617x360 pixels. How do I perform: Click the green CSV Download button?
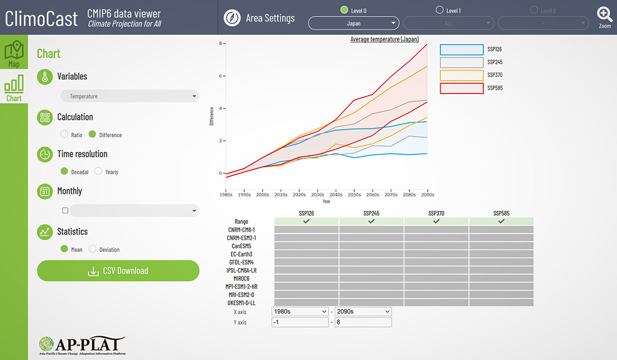coord(118,271)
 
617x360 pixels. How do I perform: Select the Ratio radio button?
coord(64,135)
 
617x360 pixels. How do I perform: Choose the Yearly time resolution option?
coord(98,172)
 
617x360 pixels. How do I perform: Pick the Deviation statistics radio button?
coord(93,249)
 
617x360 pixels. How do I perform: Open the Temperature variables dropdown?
coord(130,96)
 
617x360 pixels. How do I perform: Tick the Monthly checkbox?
coord(65,210)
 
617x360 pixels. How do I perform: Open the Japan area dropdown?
coord(353,23)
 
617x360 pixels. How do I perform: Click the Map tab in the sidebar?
coord(14,53)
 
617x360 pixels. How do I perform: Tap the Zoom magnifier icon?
coord(605,16)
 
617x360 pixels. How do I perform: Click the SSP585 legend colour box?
coord(461,88)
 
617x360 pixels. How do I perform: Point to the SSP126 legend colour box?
coord(461,49)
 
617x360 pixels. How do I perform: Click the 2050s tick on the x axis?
coord(354,195)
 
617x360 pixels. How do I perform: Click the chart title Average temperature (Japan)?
coord(384,39)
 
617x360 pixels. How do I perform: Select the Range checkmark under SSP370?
coord(436,221)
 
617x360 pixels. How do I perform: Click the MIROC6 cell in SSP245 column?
coord(371,278)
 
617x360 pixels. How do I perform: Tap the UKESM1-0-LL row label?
coord(241,303)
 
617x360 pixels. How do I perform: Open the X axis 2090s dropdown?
coord(362,311)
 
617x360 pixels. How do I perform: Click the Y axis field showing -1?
coord(300,322)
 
